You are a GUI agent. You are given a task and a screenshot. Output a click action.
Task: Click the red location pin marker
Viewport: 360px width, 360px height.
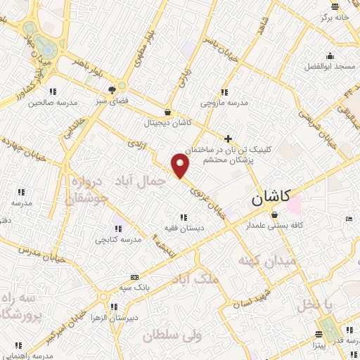181,167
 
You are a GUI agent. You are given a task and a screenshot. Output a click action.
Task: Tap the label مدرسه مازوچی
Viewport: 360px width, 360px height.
225,103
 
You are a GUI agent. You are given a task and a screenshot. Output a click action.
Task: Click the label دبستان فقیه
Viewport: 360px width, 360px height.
183,228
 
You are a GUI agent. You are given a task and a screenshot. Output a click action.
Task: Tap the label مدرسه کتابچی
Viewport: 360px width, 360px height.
118,239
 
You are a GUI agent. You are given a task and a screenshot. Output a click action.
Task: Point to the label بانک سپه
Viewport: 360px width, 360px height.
136,288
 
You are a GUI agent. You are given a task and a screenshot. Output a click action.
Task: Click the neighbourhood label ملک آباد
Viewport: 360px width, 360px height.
195,279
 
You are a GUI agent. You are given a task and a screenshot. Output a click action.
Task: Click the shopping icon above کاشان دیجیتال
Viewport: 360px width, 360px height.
167,112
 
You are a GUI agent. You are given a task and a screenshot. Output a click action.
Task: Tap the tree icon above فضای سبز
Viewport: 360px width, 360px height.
111,89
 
